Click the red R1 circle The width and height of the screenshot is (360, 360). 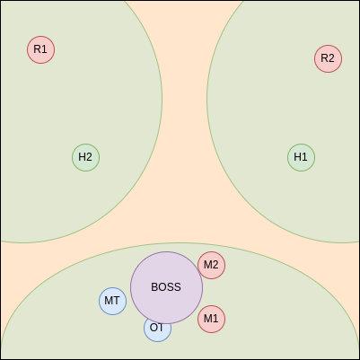pyautogui.click(x=41, y=49)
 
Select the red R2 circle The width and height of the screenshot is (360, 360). pyautogui.click(x=329, y=58)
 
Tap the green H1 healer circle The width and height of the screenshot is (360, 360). pyautogui.click(x=302, y=157)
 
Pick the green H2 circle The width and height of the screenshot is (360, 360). pyautogui.click(x=86, y=157)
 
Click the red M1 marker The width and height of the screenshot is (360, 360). pyautogui.click(x=212, y=319)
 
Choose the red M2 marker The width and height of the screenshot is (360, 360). pyautogui.click(x=212, y=265)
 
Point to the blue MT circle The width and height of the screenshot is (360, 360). pyautogui.click(x=113, y=301)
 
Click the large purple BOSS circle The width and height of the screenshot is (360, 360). pyautogui.click(x=167, y=287)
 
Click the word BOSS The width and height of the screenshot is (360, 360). pyautogui.click(x=166, y=287)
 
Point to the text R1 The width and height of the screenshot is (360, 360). pyautogui.click(x=40, y=49)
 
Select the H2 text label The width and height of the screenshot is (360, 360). pyautogui.click(x=85, y=157)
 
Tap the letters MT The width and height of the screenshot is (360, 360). pyautogui.click(x=112, y=301)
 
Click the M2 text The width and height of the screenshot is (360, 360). pyautogui.click(x=211, y=265)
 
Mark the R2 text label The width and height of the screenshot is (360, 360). pyautogui.click(x=328, y=58)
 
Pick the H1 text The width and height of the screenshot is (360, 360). pyautogui.click(x=301, y=157)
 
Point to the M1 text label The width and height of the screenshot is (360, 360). pyautogui.click(x=211, y=319)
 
